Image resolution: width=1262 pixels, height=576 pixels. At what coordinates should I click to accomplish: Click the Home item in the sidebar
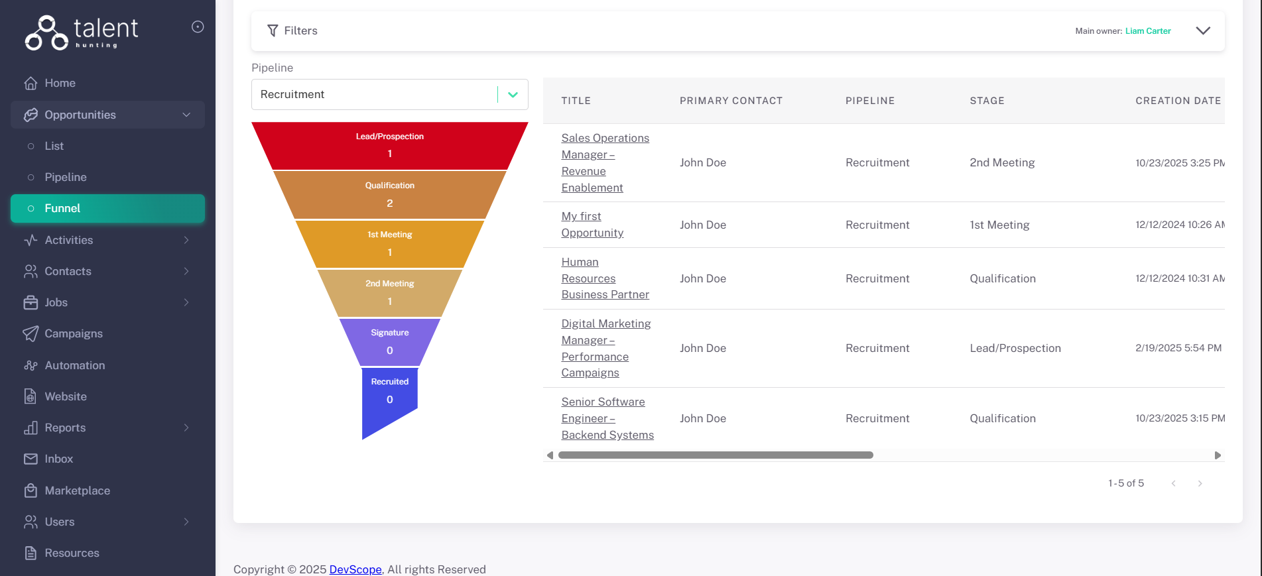click(60, 83)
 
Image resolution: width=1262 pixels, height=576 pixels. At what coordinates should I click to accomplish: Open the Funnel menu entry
click(62, 208)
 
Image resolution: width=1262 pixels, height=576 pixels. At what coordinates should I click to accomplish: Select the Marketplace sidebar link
click(77, 490)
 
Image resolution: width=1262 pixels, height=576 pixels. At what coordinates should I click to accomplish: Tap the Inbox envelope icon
click(31, 459)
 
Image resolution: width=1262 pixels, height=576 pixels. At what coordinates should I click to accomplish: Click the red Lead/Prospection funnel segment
click(389, 145)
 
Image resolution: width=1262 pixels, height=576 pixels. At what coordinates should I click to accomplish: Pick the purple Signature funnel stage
click(389, 341)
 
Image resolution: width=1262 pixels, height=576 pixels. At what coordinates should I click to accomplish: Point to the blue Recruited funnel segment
click(389, 394)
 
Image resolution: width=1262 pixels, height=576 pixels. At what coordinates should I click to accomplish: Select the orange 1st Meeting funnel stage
click(389, 243)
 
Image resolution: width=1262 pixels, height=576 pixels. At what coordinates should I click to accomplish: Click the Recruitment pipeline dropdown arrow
click(513, 95)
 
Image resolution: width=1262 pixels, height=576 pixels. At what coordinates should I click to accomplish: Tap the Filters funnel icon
click(273, 30)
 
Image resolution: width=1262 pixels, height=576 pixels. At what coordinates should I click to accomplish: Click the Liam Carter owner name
click(1148, 31)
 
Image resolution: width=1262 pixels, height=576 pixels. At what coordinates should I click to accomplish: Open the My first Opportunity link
click(592, 225)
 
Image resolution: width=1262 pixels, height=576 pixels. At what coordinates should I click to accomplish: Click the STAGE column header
click(987, 101)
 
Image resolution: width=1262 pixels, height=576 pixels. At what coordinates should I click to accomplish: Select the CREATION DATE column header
click(1178, 101)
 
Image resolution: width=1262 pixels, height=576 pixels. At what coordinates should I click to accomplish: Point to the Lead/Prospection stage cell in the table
click(1015, 348)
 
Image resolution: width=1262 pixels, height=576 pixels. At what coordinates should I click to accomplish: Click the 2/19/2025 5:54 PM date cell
click(1178, 348)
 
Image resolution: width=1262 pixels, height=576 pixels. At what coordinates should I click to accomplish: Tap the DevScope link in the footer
click(355, 569)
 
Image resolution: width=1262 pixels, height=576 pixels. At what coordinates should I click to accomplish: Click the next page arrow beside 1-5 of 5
click(1200, 483)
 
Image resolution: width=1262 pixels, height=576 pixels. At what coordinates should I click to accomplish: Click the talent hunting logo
click(82, 32)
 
